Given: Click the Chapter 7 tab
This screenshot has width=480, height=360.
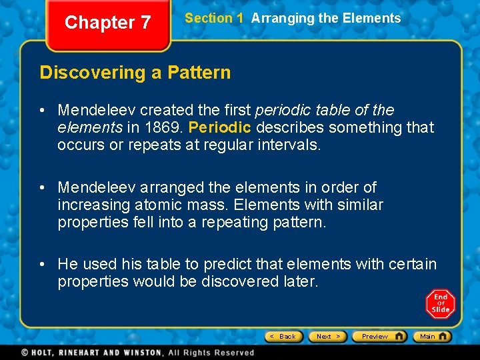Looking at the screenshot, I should point(107,23).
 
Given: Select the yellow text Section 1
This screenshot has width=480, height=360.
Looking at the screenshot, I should point(214,19).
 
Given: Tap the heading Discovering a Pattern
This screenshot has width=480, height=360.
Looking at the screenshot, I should point(135,73).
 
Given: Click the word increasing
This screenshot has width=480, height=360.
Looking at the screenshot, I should point(91,205).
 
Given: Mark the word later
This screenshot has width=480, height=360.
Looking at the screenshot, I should point(299,282).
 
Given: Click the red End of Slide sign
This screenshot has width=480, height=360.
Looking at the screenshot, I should point(440,304).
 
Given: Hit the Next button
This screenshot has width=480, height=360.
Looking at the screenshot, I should point(328,337).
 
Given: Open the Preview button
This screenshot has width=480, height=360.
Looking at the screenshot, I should point(379,337).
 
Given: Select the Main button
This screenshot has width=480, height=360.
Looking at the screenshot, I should point(432,337).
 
